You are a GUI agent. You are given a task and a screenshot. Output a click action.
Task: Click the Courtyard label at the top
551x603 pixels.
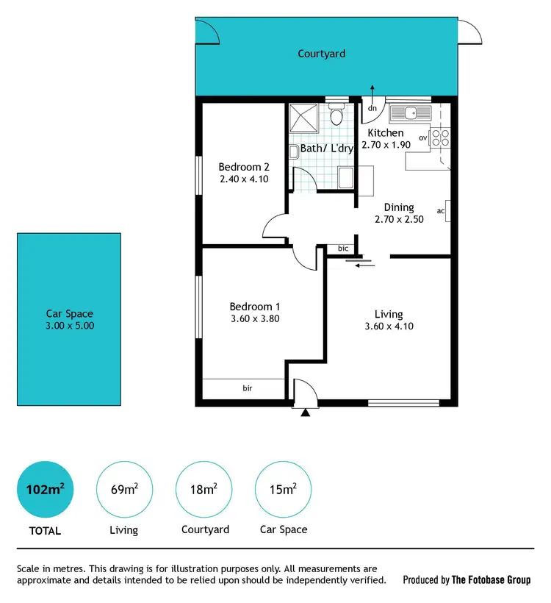point(321,54)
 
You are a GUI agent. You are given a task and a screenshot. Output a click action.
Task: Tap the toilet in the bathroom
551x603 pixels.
point(336,116)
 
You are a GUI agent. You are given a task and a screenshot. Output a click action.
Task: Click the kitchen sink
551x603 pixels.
point(406,113)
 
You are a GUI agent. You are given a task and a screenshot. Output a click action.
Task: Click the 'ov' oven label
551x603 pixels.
point(422,138)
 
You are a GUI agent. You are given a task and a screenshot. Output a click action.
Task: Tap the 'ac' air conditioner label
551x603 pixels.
point(441,211)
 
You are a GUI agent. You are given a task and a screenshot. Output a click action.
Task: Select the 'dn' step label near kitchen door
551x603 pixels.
point(372,108)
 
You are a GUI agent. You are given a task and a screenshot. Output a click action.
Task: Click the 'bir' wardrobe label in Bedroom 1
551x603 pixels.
point(248,387)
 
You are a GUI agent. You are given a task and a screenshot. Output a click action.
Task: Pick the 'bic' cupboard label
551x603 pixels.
point(342,249)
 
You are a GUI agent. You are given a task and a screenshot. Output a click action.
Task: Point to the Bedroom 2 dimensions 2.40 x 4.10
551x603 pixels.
point(242,179)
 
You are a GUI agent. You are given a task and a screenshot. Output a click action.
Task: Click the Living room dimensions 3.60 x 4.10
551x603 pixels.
point(389,327)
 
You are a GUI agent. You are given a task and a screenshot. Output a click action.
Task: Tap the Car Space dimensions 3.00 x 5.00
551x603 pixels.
point(70,326)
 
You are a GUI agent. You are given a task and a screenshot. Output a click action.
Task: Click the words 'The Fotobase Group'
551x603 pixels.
point(491,580)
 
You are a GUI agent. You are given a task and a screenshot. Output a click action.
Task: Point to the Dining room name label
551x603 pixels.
point(399,207)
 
